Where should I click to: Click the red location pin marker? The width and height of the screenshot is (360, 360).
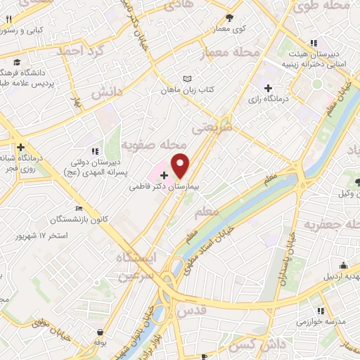click(x=181, y=166)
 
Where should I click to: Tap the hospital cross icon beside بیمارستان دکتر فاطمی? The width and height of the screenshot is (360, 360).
click(x=165, y=174)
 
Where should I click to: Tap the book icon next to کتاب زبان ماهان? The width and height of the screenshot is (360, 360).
click(x=186, y=79)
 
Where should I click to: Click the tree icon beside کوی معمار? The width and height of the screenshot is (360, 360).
click(x=230, y=18)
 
